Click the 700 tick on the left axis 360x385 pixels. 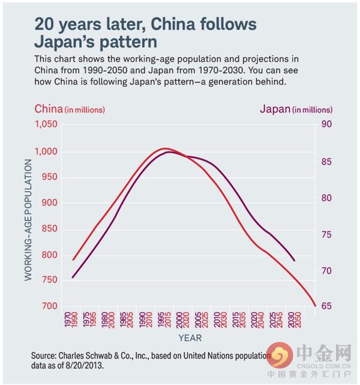49,306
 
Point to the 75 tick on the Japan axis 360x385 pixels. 326,234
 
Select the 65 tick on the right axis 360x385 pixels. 326,306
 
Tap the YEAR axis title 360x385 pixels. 190,338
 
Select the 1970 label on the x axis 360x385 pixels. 67,319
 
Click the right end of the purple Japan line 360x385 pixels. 295,261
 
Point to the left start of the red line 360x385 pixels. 73,259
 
